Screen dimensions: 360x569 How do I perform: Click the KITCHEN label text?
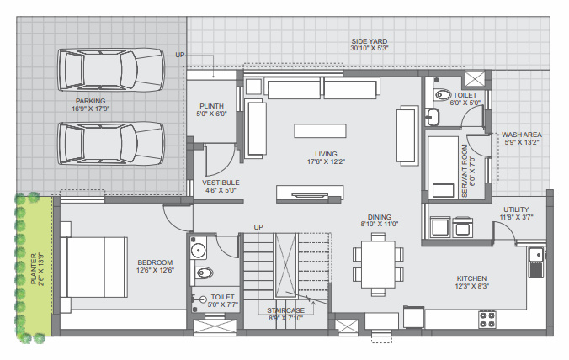click(472, 278)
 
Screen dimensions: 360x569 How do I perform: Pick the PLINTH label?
click(211, 105)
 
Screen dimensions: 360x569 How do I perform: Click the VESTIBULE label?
click(221, 182)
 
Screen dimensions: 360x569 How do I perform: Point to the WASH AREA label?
click(522, 134)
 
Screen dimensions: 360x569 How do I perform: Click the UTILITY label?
click(516, 209)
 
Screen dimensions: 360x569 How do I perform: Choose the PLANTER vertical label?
click(35, 268)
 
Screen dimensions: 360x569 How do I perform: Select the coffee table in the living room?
click(321, 131)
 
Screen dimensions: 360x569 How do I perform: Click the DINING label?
click(377, 216)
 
